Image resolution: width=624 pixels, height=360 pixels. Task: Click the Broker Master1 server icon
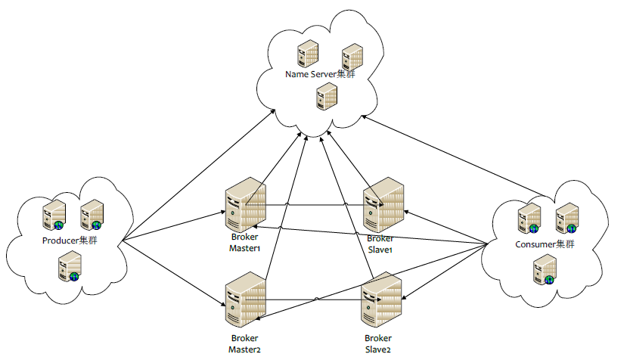click(245, 205)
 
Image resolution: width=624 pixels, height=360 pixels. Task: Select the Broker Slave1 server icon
click(383, 205)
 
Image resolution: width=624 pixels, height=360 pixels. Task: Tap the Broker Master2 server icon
click(245, 299)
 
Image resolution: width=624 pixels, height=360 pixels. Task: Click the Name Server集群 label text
click(320, 74)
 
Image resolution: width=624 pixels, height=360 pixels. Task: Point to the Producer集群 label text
click(70, 241)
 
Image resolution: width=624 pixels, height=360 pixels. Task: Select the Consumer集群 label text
click(545, 244)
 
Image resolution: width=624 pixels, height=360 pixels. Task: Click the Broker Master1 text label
click(245, 243)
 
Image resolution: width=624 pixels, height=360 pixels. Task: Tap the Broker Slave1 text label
click(380, 244)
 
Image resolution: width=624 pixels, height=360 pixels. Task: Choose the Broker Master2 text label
click(245, 343)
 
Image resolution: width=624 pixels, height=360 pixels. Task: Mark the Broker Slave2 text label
click(378, 343)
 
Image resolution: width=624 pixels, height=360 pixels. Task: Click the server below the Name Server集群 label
click(327, 96)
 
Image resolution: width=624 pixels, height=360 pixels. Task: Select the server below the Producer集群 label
click(70, 266)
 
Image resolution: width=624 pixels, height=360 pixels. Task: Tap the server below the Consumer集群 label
click(545, 270)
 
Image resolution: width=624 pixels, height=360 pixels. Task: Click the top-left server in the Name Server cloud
click(308, 54)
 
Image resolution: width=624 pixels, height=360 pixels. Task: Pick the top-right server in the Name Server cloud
click(352, 57)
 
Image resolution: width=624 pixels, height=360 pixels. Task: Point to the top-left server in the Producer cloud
click(54, 215)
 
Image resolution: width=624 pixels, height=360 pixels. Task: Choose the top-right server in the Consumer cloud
click(567, 218)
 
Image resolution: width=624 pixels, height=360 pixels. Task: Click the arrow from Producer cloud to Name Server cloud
click(199, 175)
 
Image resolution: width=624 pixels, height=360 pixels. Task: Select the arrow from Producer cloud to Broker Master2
click(174, 274)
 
